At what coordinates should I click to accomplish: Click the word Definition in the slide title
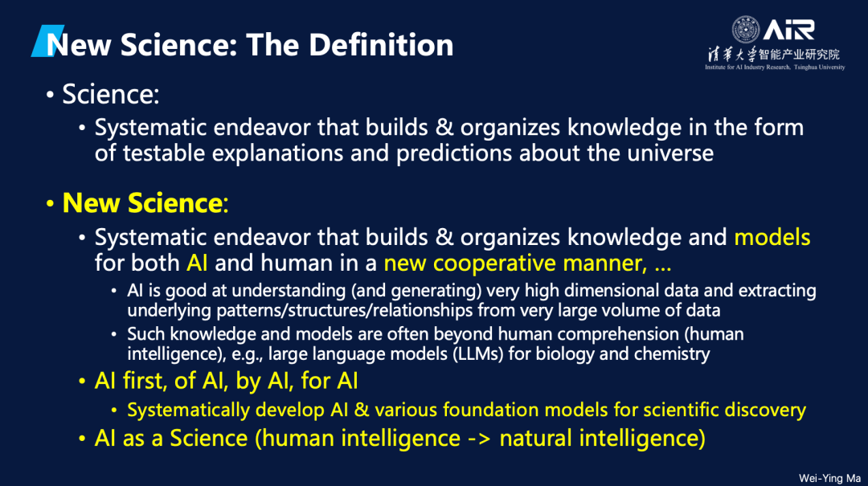pyautogui.click(x=381, y=45)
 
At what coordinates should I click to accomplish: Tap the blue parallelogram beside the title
pyautogui.click(x=47, y=40)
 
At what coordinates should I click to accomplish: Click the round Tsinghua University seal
pyautogui.click(x=746, y=30)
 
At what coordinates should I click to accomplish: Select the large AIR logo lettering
pyautogui.click(x=789, y=30)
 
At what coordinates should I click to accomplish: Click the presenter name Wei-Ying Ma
pyautogui.click(x=829, y=478)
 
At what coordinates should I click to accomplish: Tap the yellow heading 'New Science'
pyautogui.click(x=142, y=202)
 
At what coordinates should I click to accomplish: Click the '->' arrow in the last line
pyautogui.click(x=479, y=439)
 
